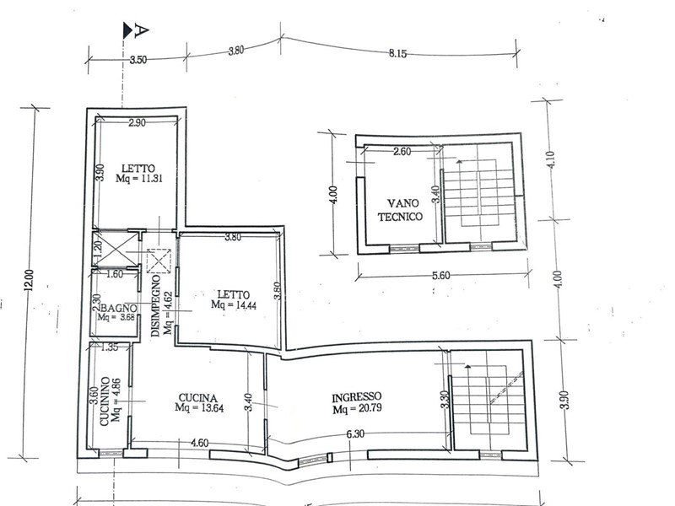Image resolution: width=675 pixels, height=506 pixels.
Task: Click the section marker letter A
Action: tap(142, 30)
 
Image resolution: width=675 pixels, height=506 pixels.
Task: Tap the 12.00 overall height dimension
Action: tap(30, 280)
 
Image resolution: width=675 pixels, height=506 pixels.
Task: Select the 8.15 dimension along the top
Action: tap(397, 54)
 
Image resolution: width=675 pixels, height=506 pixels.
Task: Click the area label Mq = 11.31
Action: tap(139, 178)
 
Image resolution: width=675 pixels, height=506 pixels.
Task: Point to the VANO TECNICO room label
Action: tap(400, 210)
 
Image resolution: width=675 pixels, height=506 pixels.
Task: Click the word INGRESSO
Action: tap(356, 397)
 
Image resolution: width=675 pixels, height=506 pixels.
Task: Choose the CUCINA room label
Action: tap(198, 398)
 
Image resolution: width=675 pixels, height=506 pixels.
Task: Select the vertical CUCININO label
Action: tap(105, 401)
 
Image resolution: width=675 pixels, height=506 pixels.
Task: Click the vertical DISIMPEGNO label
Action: tap(156, 306)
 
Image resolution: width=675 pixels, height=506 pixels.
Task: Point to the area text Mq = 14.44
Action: tap(234, 304)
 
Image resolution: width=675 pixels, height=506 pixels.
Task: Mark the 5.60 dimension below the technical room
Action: tap(440, 276)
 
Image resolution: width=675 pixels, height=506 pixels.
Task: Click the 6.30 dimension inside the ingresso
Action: tap(355, 434)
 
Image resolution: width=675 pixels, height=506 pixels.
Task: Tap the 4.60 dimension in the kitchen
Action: tap(199, 443)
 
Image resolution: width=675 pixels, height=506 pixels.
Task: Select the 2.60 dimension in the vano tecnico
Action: tap(402, 152)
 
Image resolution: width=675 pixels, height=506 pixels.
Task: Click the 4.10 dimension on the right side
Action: tap(553, 159)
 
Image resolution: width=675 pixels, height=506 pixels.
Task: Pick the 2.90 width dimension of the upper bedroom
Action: tap(137, 122)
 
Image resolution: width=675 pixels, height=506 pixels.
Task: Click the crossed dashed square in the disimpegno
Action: tap(159, 261)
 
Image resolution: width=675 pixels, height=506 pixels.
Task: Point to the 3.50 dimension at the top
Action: tap(138, 59)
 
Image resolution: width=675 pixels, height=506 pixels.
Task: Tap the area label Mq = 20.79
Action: tap(357, 408)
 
